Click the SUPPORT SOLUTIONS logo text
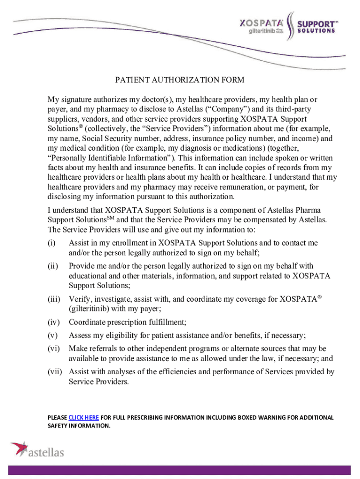[x=317, y=27]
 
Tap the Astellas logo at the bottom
[x=37, y=450]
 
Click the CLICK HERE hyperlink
[x=83, y=417]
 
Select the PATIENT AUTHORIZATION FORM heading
[x=180, y=80]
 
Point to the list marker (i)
[x=51, y=243]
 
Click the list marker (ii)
[x=52, y=266]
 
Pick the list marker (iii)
[x=53, y=299]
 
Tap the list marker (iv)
[x=53, y=322]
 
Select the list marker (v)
[x=52, y=335]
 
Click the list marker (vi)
[x=53, y=348]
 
